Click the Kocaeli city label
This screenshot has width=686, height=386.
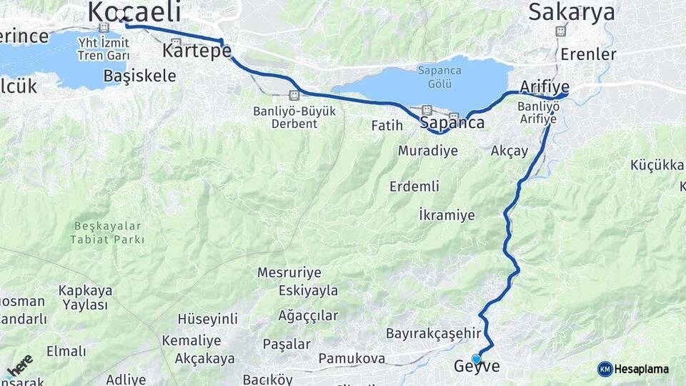pyautogui.click(x=133, y=11)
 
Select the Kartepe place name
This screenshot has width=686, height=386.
pyautogui.click(x=197, y=51)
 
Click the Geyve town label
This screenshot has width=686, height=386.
pyautogui.click(x=477, y=367)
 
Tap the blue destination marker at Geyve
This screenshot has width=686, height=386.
pyautogui.click(x=476, y=359)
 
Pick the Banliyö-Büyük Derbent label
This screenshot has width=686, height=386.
pyautogui.click(x=285, y=117)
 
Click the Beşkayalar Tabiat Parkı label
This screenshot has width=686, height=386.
pyautogui.click(x=108, y=233)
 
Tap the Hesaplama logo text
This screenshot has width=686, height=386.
pyautogui.click(x=641, y=369)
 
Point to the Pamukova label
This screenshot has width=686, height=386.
pyautogui.click(x=352, y=358)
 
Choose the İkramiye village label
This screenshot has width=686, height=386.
pyautogui.click(x=447, y=215)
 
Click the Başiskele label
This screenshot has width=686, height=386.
pyautogui.click(x=139, y=76)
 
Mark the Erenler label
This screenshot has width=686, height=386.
pyautogui.click(x=588, y=54)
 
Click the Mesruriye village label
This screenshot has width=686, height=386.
pyautogui.click(x=289, y=272)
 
